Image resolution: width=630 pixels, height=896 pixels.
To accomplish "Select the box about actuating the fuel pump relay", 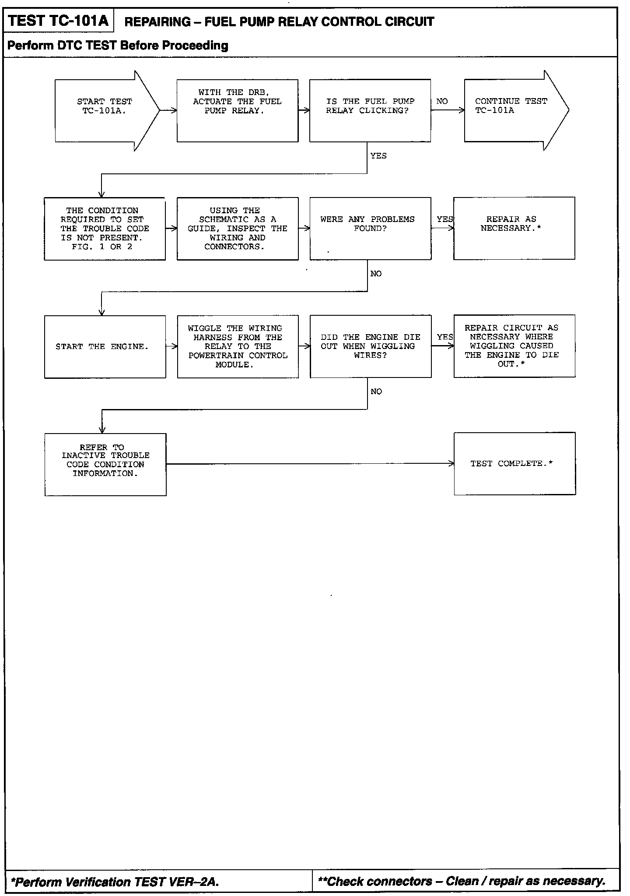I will coord(238,110).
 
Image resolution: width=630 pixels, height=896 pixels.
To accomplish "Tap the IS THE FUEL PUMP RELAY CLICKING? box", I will coord(370,110).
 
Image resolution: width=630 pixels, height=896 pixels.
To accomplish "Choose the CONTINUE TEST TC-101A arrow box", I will coord(512,110).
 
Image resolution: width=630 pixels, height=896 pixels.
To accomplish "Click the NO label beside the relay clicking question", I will coord(442,101).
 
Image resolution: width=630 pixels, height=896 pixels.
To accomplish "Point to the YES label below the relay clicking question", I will coord(378,156).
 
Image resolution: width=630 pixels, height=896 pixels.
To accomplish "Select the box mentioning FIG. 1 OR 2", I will coord(105,229).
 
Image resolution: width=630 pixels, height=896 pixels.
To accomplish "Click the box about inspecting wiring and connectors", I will coord(238,229).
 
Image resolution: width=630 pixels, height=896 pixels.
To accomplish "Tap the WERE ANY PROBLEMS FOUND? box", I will coord(370,229).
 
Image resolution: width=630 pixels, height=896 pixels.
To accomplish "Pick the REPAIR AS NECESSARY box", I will coord(514,228).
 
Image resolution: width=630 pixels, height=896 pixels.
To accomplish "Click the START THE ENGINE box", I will coord(105,346).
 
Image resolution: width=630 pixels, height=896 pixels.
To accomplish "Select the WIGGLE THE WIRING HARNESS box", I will coord(238,346).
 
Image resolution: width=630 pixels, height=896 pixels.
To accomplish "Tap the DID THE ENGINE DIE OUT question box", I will coord(371,346).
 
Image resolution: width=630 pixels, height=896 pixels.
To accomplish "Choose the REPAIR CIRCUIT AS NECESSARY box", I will coord(514,346).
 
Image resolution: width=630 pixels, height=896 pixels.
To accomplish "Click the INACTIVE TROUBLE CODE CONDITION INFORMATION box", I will coord(105,464).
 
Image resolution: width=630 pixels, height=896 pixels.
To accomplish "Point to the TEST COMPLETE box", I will coord(514,463).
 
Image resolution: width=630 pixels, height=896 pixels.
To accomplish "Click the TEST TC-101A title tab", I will coord(59,21).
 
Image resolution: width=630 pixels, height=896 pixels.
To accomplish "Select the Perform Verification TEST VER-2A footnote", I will coord(115,882).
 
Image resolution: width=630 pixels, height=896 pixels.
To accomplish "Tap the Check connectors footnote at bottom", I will coord(462,881).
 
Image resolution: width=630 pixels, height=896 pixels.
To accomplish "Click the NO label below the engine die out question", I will coord(376,392).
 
